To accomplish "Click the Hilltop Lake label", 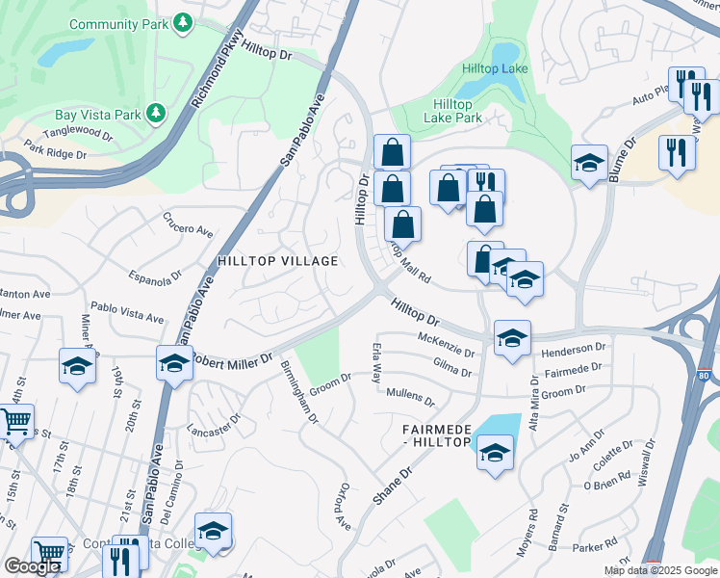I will pyautogui.click(x=495, y=68).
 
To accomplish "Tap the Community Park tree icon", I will pyautogui.click(x=183, y=22).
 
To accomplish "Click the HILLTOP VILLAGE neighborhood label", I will pyautogui.click(x=277, y=261).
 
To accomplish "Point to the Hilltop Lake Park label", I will pyautogui.click(x=452, y=111).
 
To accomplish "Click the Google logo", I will pyautogui.click(x=33, y=566).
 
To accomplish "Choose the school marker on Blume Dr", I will pyautogui.click(x=589, y=164).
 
